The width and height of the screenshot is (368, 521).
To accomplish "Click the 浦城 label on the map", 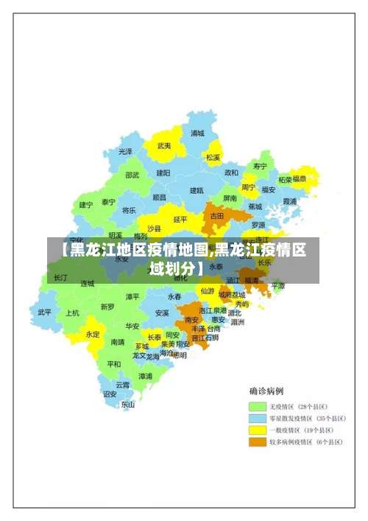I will (197, 133).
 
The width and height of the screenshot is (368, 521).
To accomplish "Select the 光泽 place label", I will (126, 151).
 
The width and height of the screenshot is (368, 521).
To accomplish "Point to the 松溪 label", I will (213, 157).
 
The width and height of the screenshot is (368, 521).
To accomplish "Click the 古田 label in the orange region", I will (217, 216).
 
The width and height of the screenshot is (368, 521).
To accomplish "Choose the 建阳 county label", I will (163, 172).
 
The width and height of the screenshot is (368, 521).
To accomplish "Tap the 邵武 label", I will (132, 175).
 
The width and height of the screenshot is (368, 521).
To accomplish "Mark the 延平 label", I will (180, 219).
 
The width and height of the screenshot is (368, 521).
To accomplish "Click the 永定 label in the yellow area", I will (92, 334).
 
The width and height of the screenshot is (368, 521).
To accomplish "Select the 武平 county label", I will (45, 312).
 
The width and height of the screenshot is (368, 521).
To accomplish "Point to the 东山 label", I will (128, 404).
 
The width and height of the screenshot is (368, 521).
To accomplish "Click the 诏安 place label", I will (110, 394).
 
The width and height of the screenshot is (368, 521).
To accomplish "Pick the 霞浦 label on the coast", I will (289, 200).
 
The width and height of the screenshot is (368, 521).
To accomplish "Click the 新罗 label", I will (107, 307).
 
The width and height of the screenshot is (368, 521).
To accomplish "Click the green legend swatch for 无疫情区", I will (257, 406).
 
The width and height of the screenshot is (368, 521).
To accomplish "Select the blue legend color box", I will (257, 418).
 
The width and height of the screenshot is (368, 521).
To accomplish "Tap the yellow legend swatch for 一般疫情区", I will (257, 430).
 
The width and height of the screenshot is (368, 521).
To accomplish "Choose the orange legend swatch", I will (257, 442).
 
